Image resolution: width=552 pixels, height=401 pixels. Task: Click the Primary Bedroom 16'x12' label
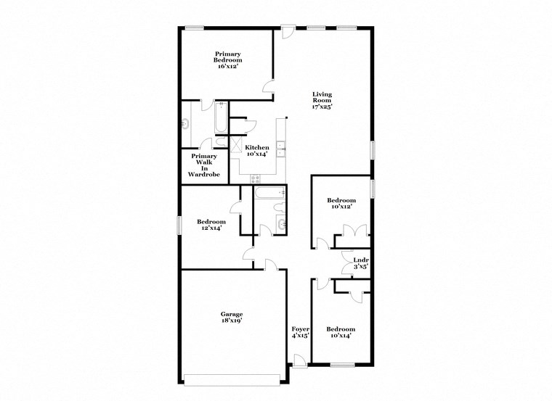pos(227,59)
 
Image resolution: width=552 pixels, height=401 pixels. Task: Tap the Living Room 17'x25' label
pos(322,100)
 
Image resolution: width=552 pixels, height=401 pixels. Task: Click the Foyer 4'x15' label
pos(301,332)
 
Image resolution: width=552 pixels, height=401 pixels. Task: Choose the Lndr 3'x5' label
pos(360,263)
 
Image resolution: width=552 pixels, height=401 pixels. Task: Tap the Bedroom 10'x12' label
pos(341,204)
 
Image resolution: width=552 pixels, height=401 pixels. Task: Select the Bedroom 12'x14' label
pos(211,225)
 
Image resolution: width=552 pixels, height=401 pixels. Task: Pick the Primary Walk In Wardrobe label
pos(204,165)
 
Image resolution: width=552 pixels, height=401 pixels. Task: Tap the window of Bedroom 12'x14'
pos(179,225)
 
